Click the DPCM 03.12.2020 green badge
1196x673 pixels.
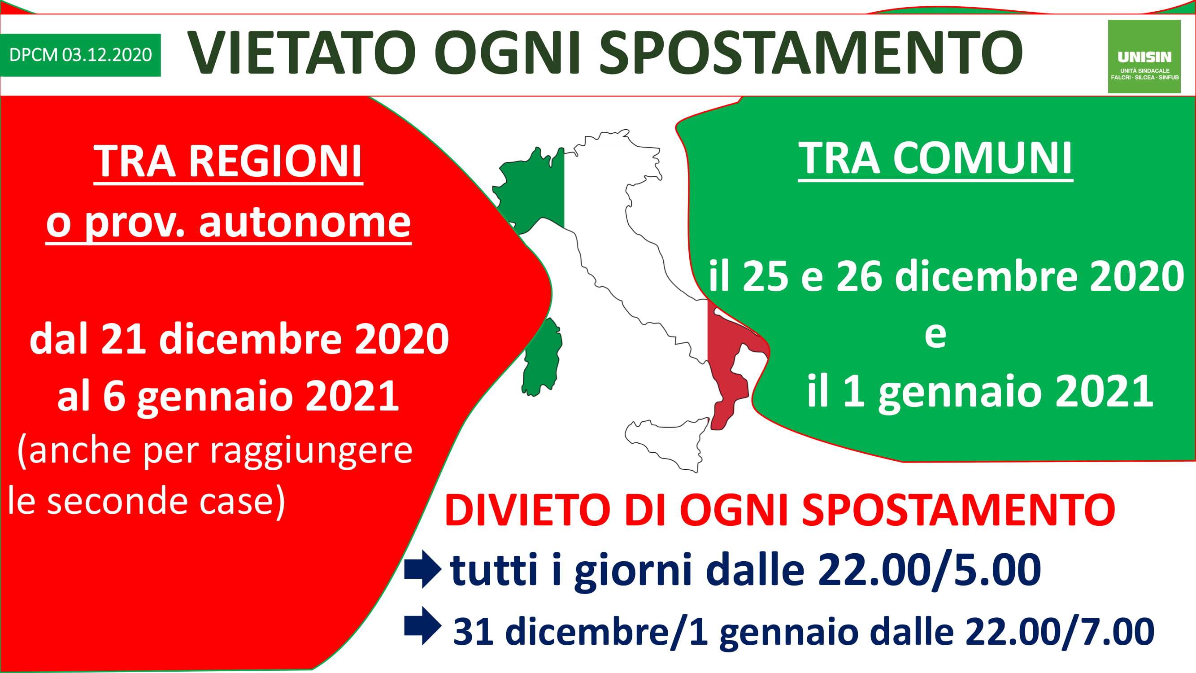[x=80, y=55]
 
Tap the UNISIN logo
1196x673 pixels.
[x=1144, y=56]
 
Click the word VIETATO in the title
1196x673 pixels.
[x=302, y=52]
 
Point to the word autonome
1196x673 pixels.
[x=305, y=222]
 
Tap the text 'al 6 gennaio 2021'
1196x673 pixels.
[x=228, y=395]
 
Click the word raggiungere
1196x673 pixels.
[x=311, y=451]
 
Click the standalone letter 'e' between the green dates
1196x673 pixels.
[x=935, y=335]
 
